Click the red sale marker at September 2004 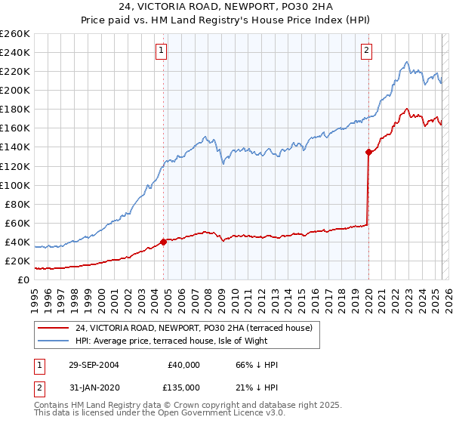click(x=163, y=242)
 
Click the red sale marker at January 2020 click(x=368, y=152)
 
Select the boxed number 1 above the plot click(x=162, y=51)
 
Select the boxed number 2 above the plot click(x=366, y=51)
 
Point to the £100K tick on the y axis click(x=15, y=185)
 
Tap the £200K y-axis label click(x=15, y=90)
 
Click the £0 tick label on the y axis click(x=23, y=279)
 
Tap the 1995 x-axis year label click(x=35, y=295)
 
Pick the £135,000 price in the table click(x=183, y=387)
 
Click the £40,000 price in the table click(x=183, y=365)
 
